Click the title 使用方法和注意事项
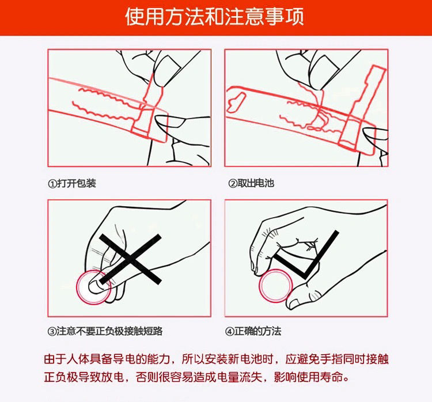coord(214,17)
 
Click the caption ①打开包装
coord(72,183)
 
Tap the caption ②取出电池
coord(251,183)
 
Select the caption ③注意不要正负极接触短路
coord(105,331)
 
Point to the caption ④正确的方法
coord(253,331)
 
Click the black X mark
coord(130,259)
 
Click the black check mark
coord(306,255)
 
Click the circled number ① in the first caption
coord(52,184)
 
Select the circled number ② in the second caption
coord(233,184)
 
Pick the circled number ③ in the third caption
coord(52,331)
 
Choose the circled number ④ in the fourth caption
coord(229,331)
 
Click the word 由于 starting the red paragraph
coord(55,359)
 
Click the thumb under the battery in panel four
coord(303,298)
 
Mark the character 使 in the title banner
coord(135,17)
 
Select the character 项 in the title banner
coord(294,17)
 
